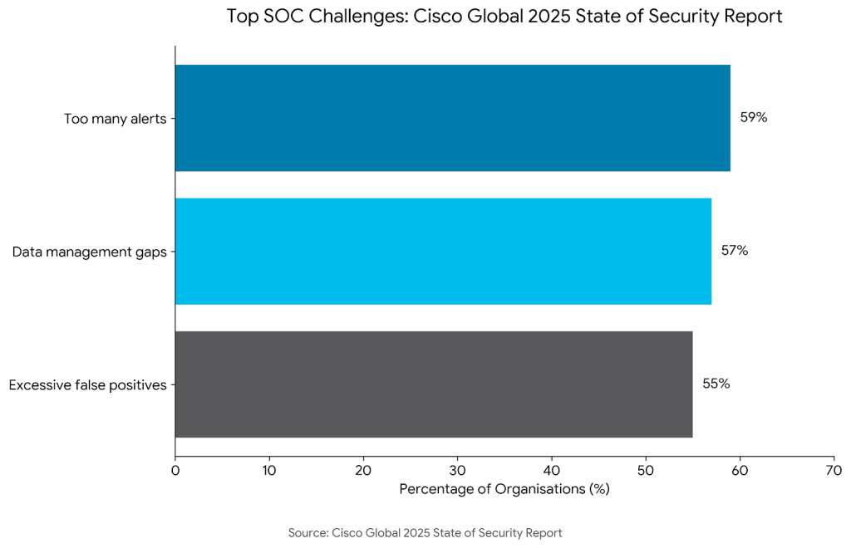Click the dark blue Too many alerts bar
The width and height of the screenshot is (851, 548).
click(452, 118)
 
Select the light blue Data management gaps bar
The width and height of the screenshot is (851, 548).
click(443, 251)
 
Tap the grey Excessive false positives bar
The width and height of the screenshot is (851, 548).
click(433, 384)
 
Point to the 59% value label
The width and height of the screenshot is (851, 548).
click(754, 118)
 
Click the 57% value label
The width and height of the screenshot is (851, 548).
click(735, 251)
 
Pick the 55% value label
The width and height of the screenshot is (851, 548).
click(716, 384)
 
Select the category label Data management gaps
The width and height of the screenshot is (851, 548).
click(89, 252)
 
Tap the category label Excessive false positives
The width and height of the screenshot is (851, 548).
click(87, 384)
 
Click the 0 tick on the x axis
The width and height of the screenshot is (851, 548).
click(175, 471)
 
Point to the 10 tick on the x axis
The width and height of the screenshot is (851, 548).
click(269, 471)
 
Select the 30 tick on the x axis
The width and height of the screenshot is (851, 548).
click(457, 471)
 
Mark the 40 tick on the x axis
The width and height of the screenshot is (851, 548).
click(551, 471)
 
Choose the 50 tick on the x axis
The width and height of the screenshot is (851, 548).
click(646, 471)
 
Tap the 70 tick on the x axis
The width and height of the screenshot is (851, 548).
click(834, 471)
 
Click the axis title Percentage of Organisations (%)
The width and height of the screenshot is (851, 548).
click(504, 489)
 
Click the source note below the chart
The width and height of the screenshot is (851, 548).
click(425, 532)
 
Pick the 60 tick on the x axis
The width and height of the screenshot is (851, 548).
click(740, 471)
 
